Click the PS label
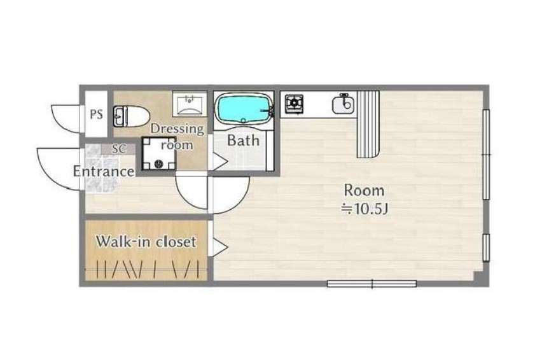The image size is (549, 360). pyautogui.click(x=96, y=114)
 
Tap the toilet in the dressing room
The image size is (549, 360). pyautogui.click(x=131, y=116)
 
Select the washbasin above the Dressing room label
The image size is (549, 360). pyautogui.click(x=190, y=104)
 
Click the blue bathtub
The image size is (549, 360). pyautogui.click(x=244, y=109)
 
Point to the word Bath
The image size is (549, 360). pyautogui.click(x=244, y=141)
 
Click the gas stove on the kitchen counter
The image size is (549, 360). pyautogui.click(x=294, y=104)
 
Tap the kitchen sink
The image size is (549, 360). pyautogui.click(x=343, y=104)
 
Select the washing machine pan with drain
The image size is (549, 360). pyautogui.click(x=159, y=153)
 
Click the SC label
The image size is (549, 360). pyautogui.click(x=119, y=149)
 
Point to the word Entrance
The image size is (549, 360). pyautogui.click(x=104, y=171)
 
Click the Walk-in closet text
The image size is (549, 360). pyautogui.click(x=146, y=242)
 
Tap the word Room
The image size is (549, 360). pyautogui.click(x=364, y=191)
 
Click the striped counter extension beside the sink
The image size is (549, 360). pyautogui.click(x=368, y=124)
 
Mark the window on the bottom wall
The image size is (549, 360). pyautogui.click(x=372, y=284)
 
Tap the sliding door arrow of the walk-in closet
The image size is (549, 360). pyautogui.click(x=219, y=247)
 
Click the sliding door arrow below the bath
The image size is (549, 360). pyautogui.click(x=219, y=162)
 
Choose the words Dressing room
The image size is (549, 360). pyautogui.click(x=177, y=137)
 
